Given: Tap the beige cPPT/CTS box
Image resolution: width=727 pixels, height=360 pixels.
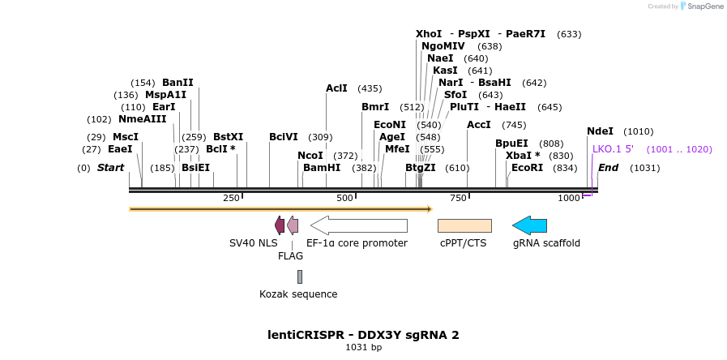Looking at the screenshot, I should (x=464, y=225).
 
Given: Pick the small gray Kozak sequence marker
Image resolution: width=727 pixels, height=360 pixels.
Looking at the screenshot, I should (x=299, y=276).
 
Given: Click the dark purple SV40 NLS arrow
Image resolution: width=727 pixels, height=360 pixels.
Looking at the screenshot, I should (x=280, y=225).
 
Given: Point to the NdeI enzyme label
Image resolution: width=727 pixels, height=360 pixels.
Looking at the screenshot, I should (x=601, y=131).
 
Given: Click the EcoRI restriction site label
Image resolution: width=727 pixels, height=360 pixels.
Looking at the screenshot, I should (x=528, y=168).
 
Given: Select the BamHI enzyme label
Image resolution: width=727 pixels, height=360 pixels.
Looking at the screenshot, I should (x=322, y=168).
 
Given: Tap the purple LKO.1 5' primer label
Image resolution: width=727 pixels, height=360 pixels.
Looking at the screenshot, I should (x=618, y=149).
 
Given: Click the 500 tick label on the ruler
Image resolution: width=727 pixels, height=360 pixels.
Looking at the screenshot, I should (x=345, y=198).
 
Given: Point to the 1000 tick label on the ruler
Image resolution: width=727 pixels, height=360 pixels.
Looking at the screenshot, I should (x=570, y=198).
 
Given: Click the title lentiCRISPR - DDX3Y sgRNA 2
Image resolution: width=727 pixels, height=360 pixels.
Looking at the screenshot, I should (x=364, y=334).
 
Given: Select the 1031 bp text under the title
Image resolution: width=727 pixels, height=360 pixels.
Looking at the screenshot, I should (x=364, y=348).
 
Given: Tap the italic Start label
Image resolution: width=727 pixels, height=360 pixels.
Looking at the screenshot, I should (x=111, y=168).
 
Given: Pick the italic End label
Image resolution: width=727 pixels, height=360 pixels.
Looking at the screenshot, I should (x=608, y=168).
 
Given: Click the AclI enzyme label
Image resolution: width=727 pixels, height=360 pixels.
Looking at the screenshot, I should (x=336, y=88).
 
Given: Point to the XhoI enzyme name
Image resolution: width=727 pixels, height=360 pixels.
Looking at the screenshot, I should (x=429, y=34).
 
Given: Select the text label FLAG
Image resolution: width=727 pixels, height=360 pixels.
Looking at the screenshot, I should (x=290, y=256).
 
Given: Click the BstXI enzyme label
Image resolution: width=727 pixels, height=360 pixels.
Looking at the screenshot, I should (x=228, y=137).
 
